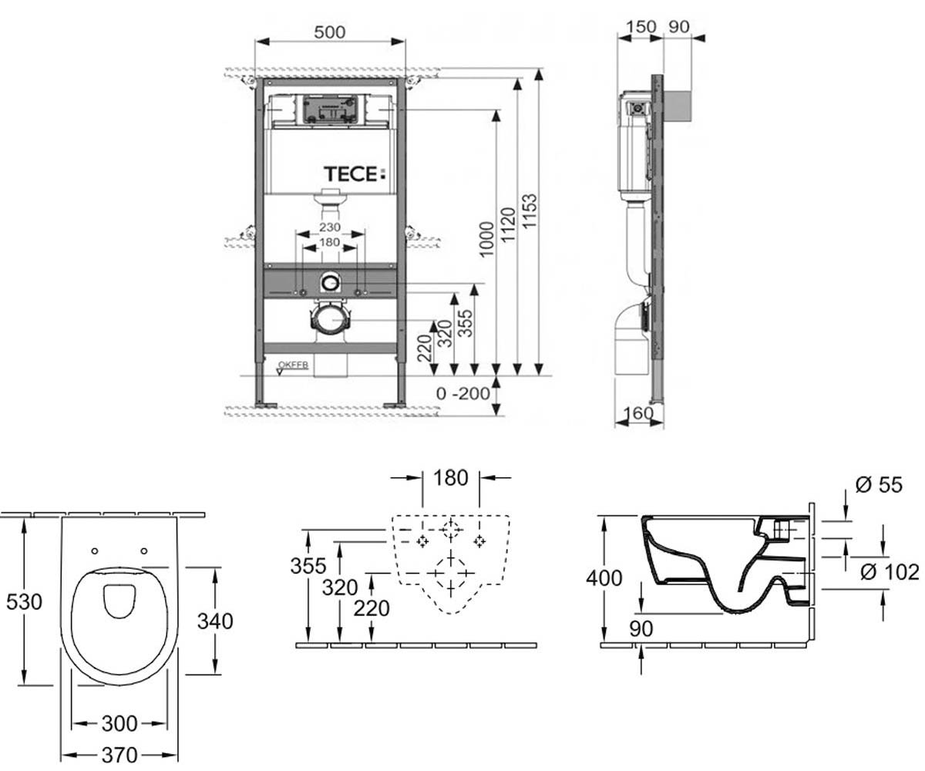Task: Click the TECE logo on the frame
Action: tap(355, 174)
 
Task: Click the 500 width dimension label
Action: tap(330, 32)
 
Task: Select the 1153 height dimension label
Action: tap(529, 211)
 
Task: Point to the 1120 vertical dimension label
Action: tap(508, 224)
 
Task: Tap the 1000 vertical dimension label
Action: tap(486, 239)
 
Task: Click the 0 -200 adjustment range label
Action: tap(463, 393)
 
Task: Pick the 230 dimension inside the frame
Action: tap(330, 227)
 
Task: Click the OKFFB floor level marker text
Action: tap(293, 365)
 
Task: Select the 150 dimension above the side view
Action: tap(641, 26)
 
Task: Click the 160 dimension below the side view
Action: tap(638, 413)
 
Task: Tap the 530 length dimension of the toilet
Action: tap(24, 601)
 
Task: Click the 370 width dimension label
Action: tap(119, 755)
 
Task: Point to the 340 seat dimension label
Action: tap(215, 621)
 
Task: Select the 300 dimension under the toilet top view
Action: tap(119, 724)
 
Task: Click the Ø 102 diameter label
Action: tap(890, 572)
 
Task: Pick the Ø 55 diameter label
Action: tap(879, 485)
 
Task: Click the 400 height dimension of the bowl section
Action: tap(604, 577)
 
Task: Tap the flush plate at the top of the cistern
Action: tap(330, 109)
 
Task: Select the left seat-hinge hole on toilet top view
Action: tap(94, 550)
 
